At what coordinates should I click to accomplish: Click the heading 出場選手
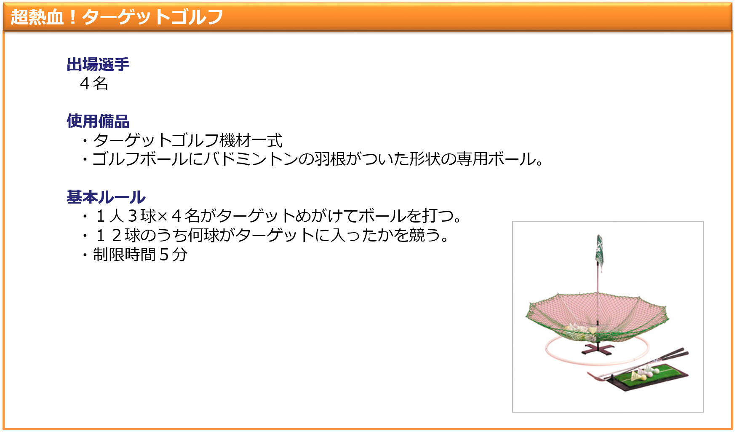98,64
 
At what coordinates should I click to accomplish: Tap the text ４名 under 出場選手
94,83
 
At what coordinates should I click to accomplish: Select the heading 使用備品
98,121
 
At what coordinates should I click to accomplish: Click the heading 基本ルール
106,197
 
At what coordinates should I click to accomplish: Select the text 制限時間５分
140,254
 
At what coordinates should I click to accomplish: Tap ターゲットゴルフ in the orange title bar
152,17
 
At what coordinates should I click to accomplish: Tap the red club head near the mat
594,376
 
